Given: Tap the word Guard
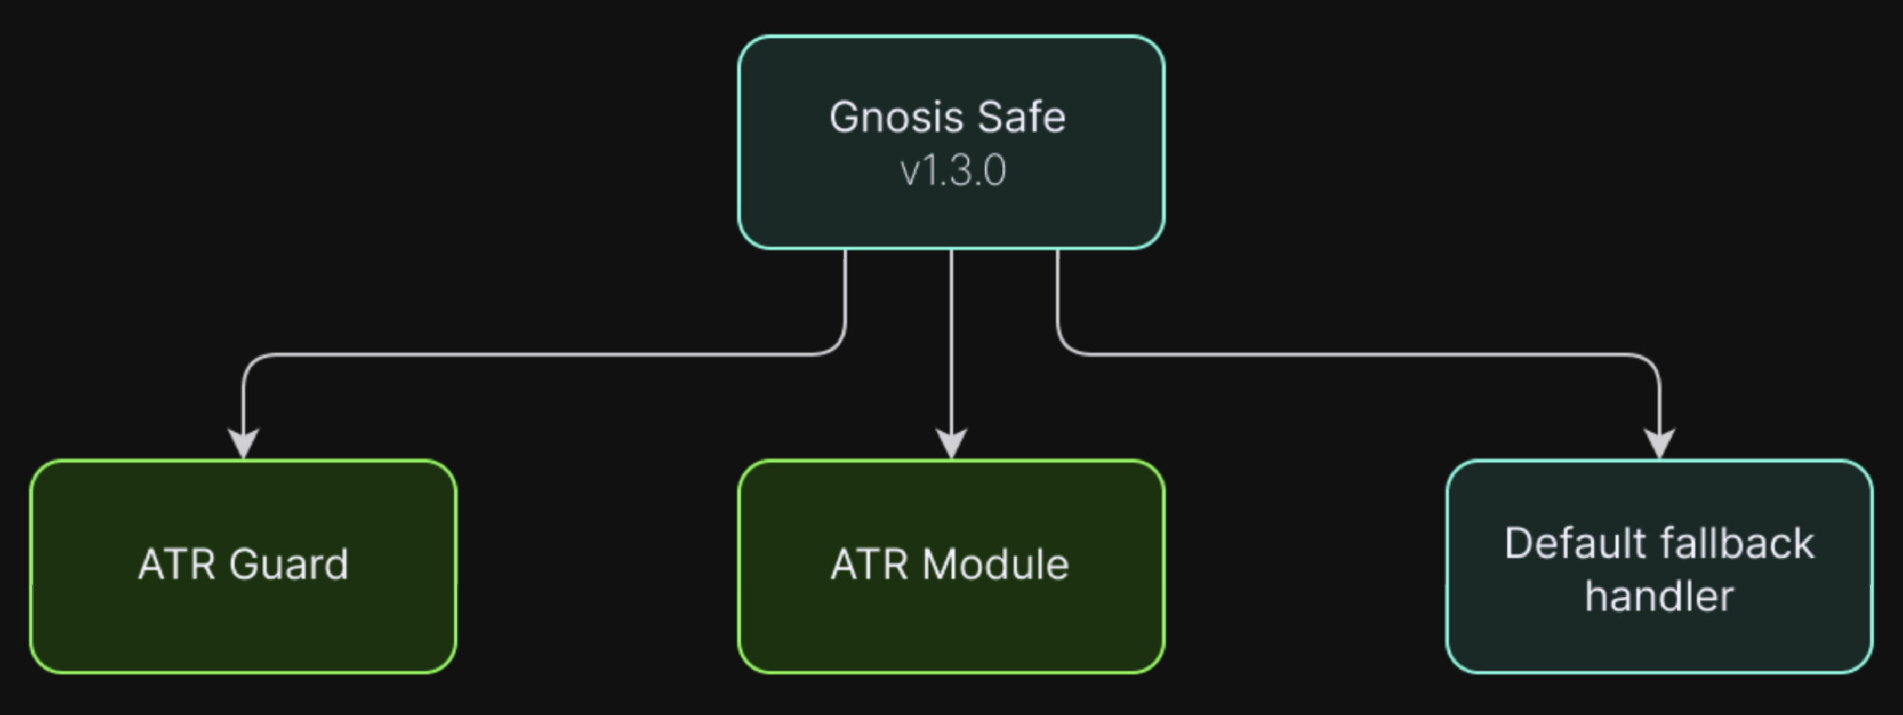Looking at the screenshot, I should point(288,565).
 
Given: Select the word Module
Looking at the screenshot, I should point(995,565).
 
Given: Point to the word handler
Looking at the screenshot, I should point(1659,597).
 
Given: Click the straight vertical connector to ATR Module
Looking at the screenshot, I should point(951,340).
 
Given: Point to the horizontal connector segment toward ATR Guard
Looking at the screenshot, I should point(539,355).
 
